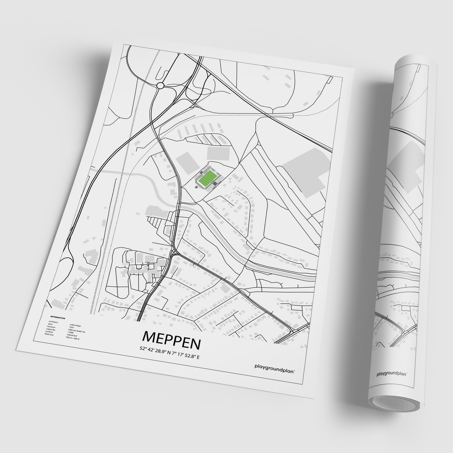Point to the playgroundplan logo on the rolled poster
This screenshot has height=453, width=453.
click(x=393, y=373)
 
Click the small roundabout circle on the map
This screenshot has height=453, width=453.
click(x=160, y=86)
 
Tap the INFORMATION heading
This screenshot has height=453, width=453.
click(x=58, y=318)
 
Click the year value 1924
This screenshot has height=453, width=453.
click(x=71, y=327)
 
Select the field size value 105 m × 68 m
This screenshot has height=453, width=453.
click(x=73, y=338)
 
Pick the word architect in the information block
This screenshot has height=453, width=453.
click(x=53, y=322)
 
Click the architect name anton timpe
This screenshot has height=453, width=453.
click(x=75, y=325)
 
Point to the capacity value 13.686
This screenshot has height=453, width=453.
click(x=70, y=332)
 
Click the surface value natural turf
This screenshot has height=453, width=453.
click(x=72, y=336)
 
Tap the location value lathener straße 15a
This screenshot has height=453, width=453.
click(x=77, y=331)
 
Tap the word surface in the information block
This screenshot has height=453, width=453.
click(x=49, y=332)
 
